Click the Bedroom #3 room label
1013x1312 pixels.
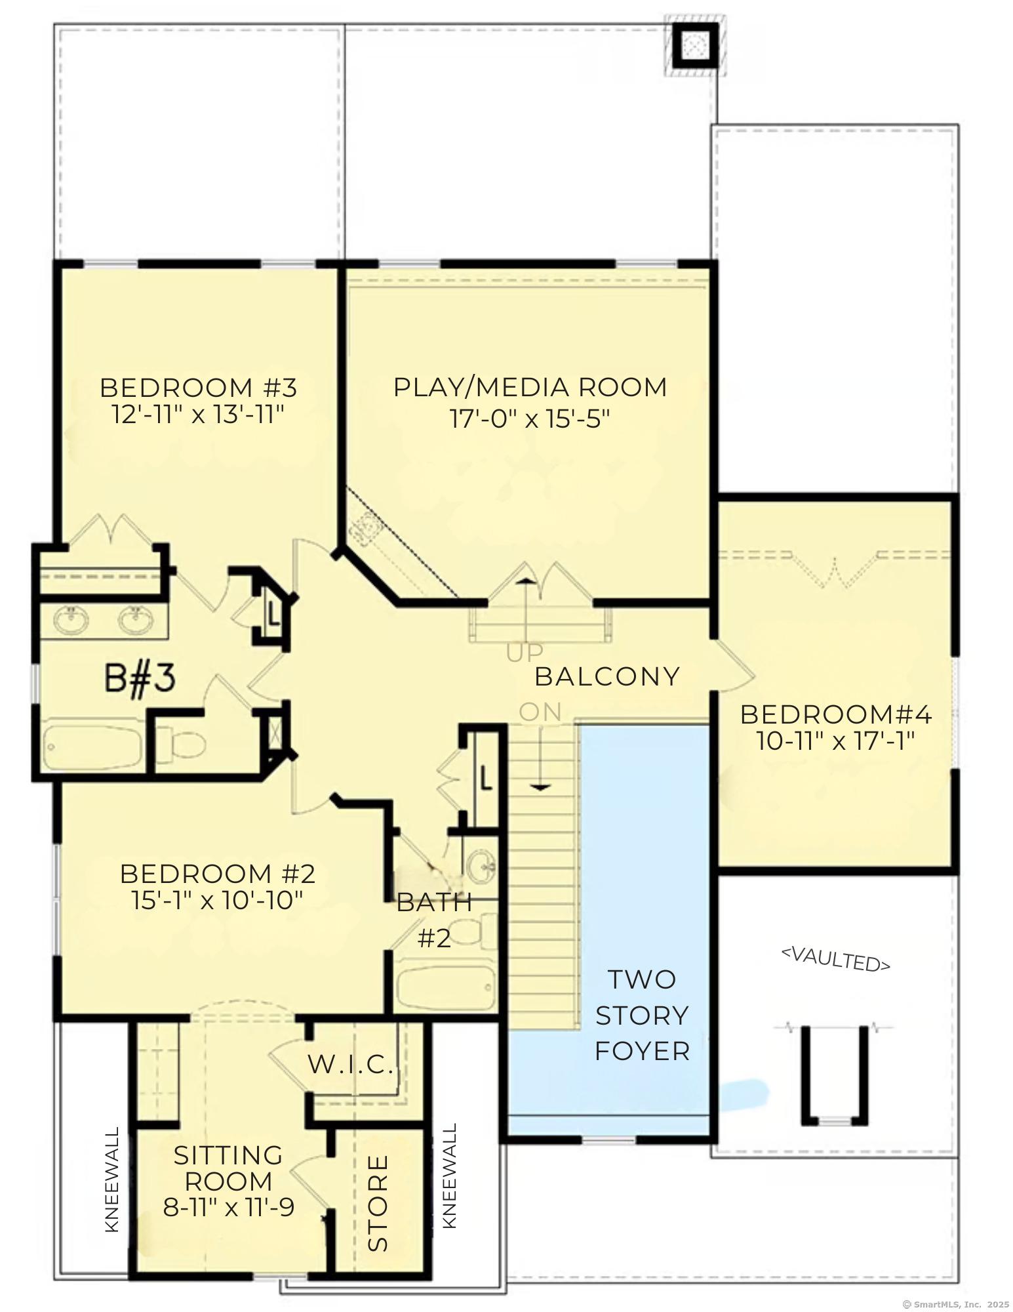tap(198, 388)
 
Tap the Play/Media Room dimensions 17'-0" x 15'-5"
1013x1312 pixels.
tap(530, 418)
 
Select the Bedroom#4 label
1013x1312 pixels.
tap(836, 714)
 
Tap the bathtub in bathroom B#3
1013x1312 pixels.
tap(92, 747)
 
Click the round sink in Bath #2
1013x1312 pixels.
tap(482, 865)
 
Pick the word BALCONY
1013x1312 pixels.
tap(607, 676)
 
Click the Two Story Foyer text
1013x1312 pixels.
tap(641, 1015)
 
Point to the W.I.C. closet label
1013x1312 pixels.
tap(350, 1065)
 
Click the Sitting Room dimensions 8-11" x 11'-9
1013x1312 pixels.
tap(228, 1208)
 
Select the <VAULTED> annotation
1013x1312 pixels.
tap(835, 958)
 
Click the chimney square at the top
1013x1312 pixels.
tap(694, 45)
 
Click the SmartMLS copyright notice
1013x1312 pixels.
tap(955, 1305)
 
